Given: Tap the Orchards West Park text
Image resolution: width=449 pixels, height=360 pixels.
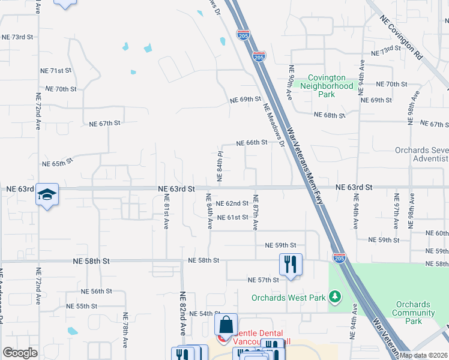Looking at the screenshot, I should [x=288, y=298].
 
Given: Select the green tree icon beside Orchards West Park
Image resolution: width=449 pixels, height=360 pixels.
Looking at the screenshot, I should [x=335, y=297].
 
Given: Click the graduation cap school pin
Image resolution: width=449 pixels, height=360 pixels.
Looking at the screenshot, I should [x=47, y=194].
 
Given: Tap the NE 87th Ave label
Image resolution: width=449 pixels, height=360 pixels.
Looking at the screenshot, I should [x=256, y=212].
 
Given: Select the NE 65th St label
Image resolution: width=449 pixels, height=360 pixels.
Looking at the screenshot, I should [x=57, y=163].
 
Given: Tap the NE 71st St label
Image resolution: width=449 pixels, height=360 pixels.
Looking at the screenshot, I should [x=57, y=71].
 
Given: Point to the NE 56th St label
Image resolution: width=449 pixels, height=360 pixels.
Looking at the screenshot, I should [x=97, y=291].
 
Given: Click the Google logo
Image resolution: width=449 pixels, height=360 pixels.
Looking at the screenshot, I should [x=20, y=353].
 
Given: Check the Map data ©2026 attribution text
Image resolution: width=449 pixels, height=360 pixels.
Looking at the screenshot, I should [x=423, y=355].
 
